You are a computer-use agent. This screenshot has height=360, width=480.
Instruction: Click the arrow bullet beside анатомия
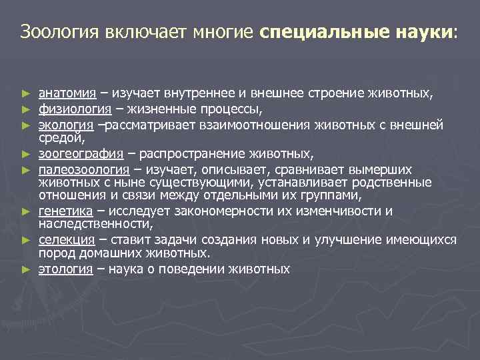(x=25, y=93)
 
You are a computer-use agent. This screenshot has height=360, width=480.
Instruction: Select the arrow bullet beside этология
(x=25, y=269)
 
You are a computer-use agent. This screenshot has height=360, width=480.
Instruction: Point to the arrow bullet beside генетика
(x=25, y=211)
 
